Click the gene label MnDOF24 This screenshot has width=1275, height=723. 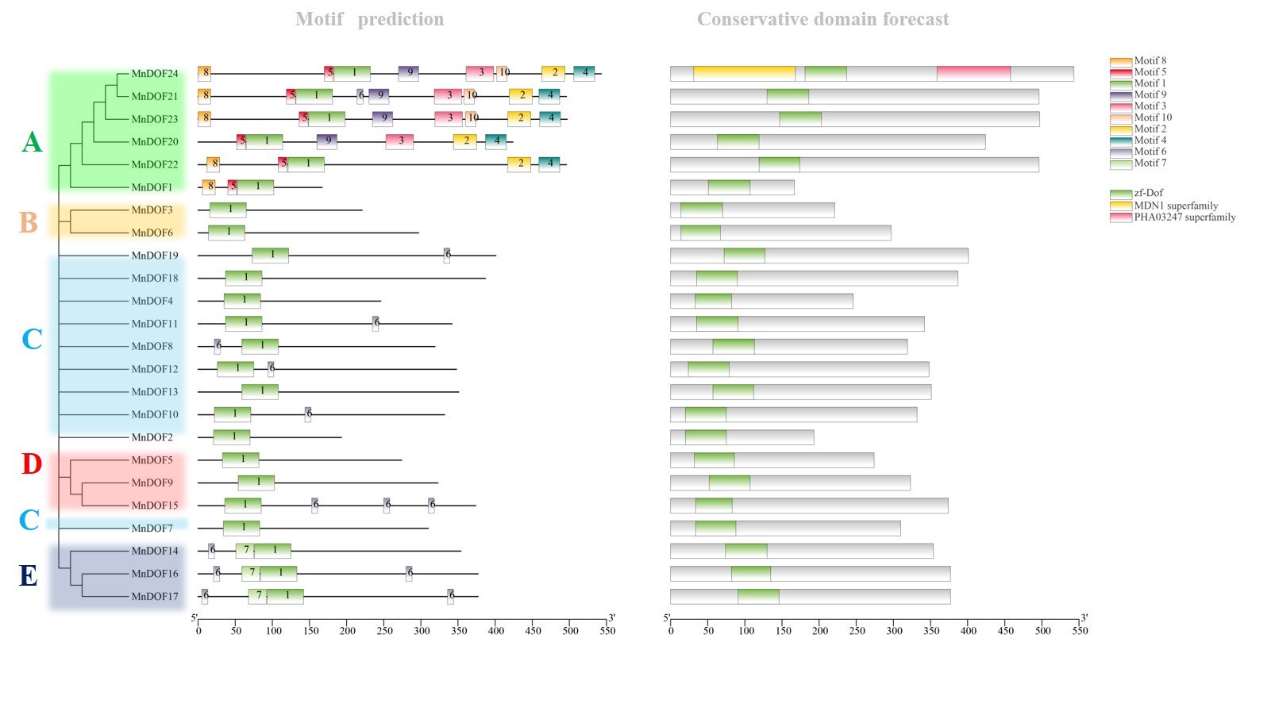coord(154,74)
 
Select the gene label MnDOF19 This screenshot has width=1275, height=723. coord(154,256)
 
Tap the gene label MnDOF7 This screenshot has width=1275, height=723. coord(152,529)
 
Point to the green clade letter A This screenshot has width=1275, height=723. coord(32,142)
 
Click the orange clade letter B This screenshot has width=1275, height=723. coord(29,223)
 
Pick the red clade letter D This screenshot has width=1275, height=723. coord(32,464)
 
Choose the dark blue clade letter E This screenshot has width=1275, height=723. coord(29,576)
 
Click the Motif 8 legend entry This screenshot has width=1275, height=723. coord(1150,61)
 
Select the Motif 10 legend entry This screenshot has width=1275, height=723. coord(1152,117)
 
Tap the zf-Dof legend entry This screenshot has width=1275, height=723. coord(1148,194)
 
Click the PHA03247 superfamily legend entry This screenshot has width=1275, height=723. coord(1184,217)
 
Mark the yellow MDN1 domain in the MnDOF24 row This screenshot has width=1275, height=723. coord(744,74)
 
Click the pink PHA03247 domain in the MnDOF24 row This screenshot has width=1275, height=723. coord(973,74)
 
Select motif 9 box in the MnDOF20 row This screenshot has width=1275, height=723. coord(327,141)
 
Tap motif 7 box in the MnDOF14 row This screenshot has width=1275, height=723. coord(245,551)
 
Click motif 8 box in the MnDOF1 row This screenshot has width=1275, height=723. coord(209,187)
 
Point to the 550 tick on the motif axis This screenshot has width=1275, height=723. coord(607,631)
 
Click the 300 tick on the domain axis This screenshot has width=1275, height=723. coord(894,631)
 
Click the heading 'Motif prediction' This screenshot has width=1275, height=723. coord(369,19)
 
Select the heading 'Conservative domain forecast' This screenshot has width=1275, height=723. coord(822,19)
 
